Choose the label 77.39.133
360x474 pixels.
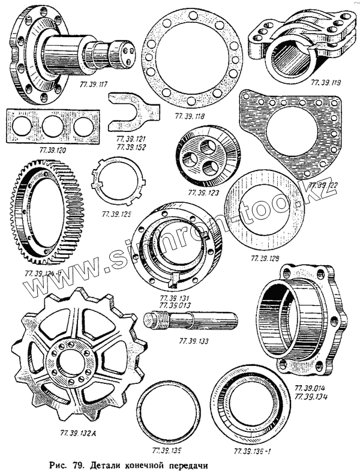[x=193, y=341]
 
